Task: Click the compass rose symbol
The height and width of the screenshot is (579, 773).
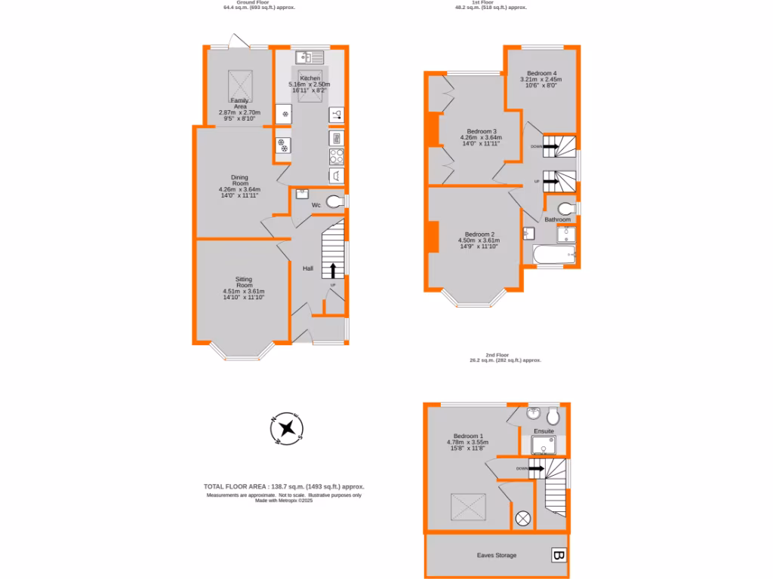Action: click(x=286, y=430)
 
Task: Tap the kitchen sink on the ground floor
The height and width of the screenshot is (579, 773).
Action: click(x=310, y=56)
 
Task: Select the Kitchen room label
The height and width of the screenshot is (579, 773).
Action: click(x=310, y=78)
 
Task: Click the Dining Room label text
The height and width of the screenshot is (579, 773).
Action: click(x=239, y=180)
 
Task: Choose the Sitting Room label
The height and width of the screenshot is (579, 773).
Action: click(x=243, y=282)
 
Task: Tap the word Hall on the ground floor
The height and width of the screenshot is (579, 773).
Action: click(x=308, y=268)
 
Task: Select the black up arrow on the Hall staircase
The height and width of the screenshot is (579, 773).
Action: click(x=332, y=271)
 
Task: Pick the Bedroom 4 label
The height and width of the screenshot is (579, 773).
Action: click(x=541, y=73)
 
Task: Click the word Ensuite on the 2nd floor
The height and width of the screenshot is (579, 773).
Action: click(x=544, y=431)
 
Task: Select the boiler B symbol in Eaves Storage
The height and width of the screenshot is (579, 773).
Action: click(x=559, y=556)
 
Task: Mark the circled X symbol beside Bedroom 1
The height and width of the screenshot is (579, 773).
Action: click(x=522, y=518)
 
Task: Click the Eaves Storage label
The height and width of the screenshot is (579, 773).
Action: click(x=497, y=556)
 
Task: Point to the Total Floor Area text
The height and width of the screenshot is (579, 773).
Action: click(x=284, y=486)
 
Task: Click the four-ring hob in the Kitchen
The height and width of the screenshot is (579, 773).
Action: click(x=337, y=156)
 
